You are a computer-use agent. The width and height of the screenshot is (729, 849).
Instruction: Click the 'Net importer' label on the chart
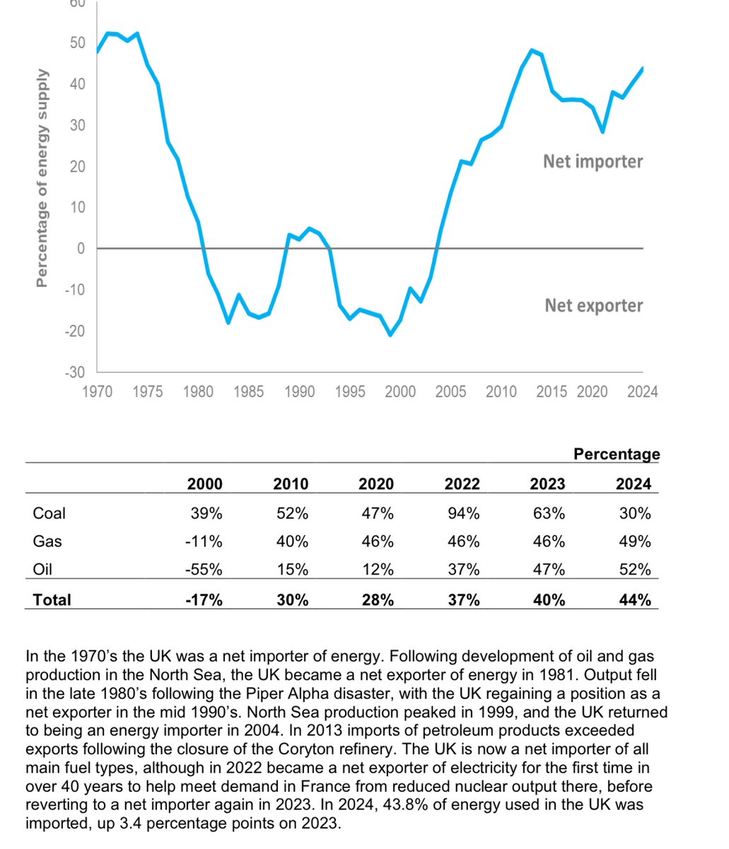click(593, 161)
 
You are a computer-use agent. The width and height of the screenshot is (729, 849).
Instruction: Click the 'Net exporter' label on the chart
click(593, 306)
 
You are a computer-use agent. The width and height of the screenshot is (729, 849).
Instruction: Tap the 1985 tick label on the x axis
click(248, 391)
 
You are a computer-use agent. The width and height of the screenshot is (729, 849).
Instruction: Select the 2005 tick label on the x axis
click(450, 391)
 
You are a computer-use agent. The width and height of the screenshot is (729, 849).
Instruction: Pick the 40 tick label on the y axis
click(76, 84)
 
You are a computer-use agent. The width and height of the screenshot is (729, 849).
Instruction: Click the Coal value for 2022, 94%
click(463, 513)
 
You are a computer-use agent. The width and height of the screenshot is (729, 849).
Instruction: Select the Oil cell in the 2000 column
click(205, 570)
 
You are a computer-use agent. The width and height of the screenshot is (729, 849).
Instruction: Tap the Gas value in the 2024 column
click(634, 541)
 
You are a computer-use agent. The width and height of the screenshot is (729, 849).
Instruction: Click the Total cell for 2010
click(291, 600)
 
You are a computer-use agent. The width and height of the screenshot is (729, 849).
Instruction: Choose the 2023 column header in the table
click(548, 484)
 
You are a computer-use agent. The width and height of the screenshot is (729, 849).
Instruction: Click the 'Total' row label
click(52, 600)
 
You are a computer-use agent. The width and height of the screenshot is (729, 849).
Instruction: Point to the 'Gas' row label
click(47, 541)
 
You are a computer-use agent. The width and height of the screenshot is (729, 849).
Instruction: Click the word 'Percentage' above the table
click(617, 454)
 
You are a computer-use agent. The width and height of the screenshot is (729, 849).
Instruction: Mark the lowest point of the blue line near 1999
click(390, 335)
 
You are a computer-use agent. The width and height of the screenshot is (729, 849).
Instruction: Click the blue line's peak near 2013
click(532, 50)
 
